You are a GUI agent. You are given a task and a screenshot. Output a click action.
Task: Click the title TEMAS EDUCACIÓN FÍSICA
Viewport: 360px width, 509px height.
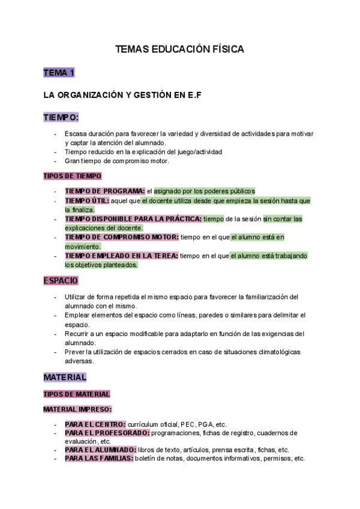tap(179, 50)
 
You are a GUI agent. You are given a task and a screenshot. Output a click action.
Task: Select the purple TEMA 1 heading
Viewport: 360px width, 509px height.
tap(59, 73)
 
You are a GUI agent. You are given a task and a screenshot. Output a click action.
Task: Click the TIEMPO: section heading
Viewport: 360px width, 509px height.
tap(61, 117)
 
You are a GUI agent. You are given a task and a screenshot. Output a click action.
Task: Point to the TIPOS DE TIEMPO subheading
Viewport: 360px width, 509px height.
tap(73, 176)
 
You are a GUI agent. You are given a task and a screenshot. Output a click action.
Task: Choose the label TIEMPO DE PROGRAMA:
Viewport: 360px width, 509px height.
tap(105, 191)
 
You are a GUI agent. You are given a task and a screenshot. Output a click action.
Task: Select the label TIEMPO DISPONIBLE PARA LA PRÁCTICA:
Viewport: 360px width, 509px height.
tap(133, 219)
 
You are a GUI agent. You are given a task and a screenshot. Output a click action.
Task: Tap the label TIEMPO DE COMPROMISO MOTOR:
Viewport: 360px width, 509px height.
tap(122, 237)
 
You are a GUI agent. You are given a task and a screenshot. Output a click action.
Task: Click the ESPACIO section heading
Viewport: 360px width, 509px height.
tap(61, 280)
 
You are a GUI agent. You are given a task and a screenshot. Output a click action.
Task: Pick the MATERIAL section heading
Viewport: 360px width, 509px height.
tap(65, 378)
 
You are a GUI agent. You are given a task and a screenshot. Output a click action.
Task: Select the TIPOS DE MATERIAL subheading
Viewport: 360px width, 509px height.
tap(77, 394)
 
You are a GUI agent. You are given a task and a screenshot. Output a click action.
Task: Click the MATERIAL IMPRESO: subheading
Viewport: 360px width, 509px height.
tap(77, 409)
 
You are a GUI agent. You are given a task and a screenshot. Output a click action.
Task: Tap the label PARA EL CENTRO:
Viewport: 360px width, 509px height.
tap(95, 424)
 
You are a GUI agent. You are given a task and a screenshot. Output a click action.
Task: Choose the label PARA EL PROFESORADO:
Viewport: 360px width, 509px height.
tap(107, 433)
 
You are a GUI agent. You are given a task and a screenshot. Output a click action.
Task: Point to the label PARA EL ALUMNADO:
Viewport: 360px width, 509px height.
tap(100, 450)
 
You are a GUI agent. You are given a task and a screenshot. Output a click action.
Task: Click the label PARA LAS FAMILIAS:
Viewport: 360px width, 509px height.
tap(99, 459)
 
